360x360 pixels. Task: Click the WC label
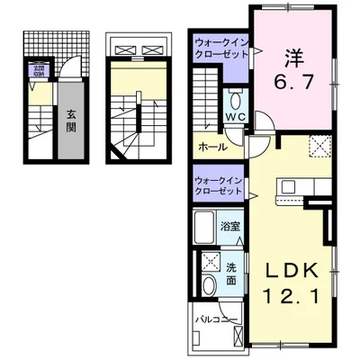[x=235, y=118]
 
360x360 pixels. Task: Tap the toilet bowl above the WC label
[x=235, y=100]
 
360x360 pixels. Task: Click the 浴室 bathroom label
[x=229, y=227]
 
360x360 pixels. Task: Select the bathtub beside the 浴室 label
[x=203, y=227]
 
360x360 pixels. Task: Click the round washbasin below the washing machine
[x=209, y=285]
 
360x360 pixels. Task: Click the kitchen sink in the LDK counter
[x=291, y=187]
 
